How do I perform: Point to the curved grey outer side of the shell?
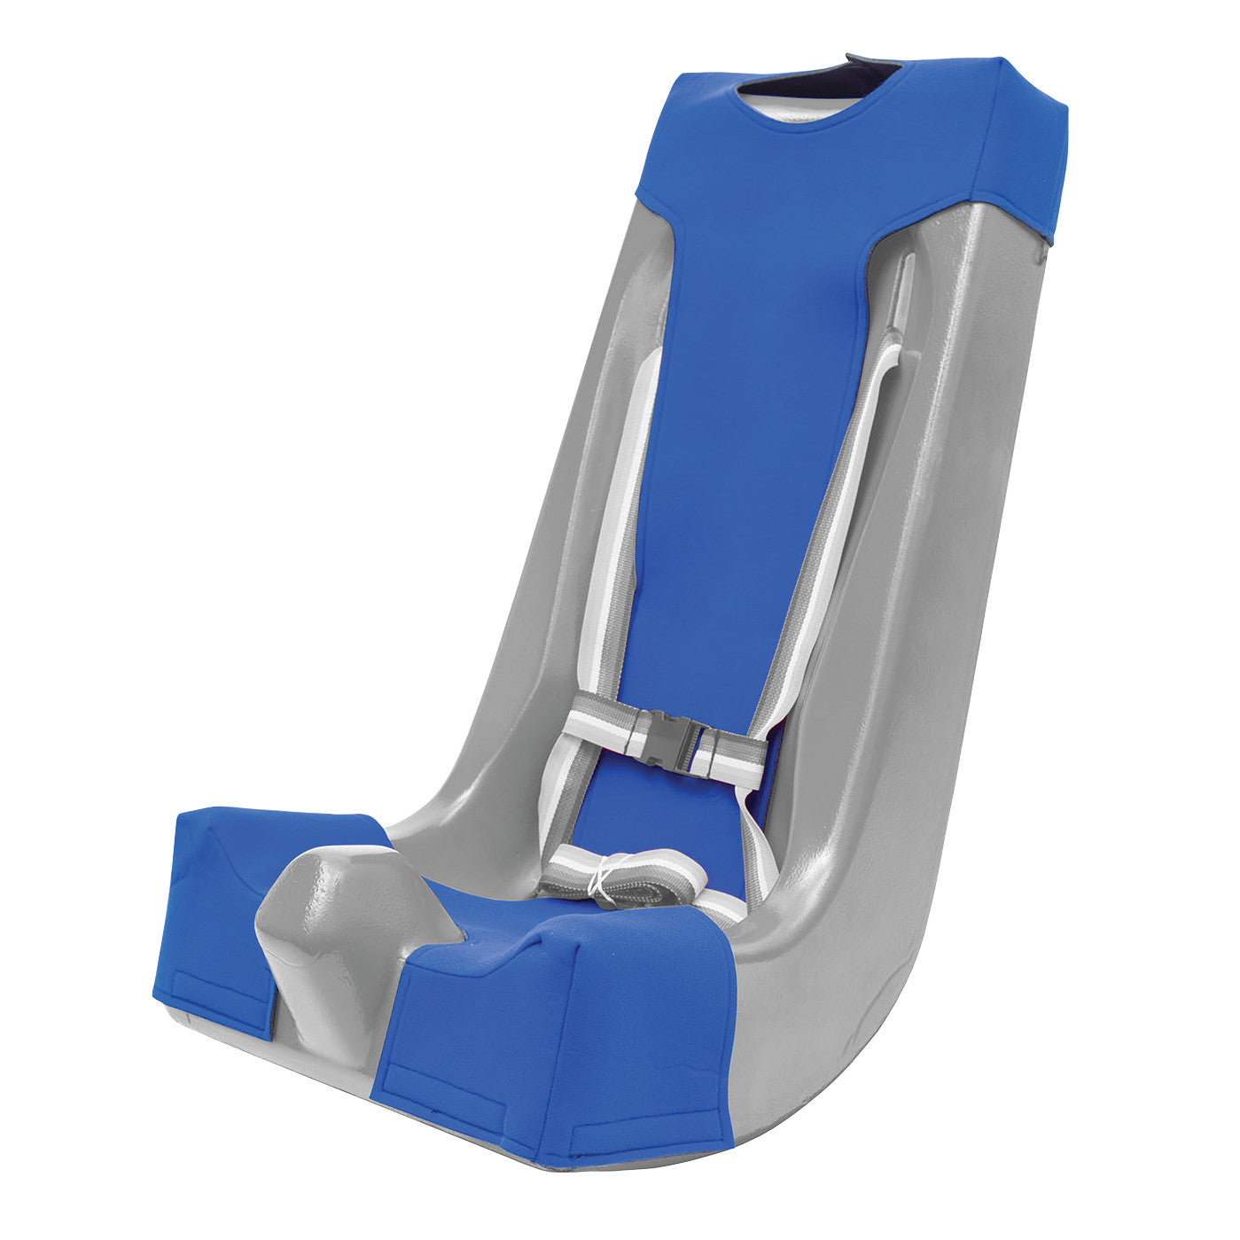pos(931,753)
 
